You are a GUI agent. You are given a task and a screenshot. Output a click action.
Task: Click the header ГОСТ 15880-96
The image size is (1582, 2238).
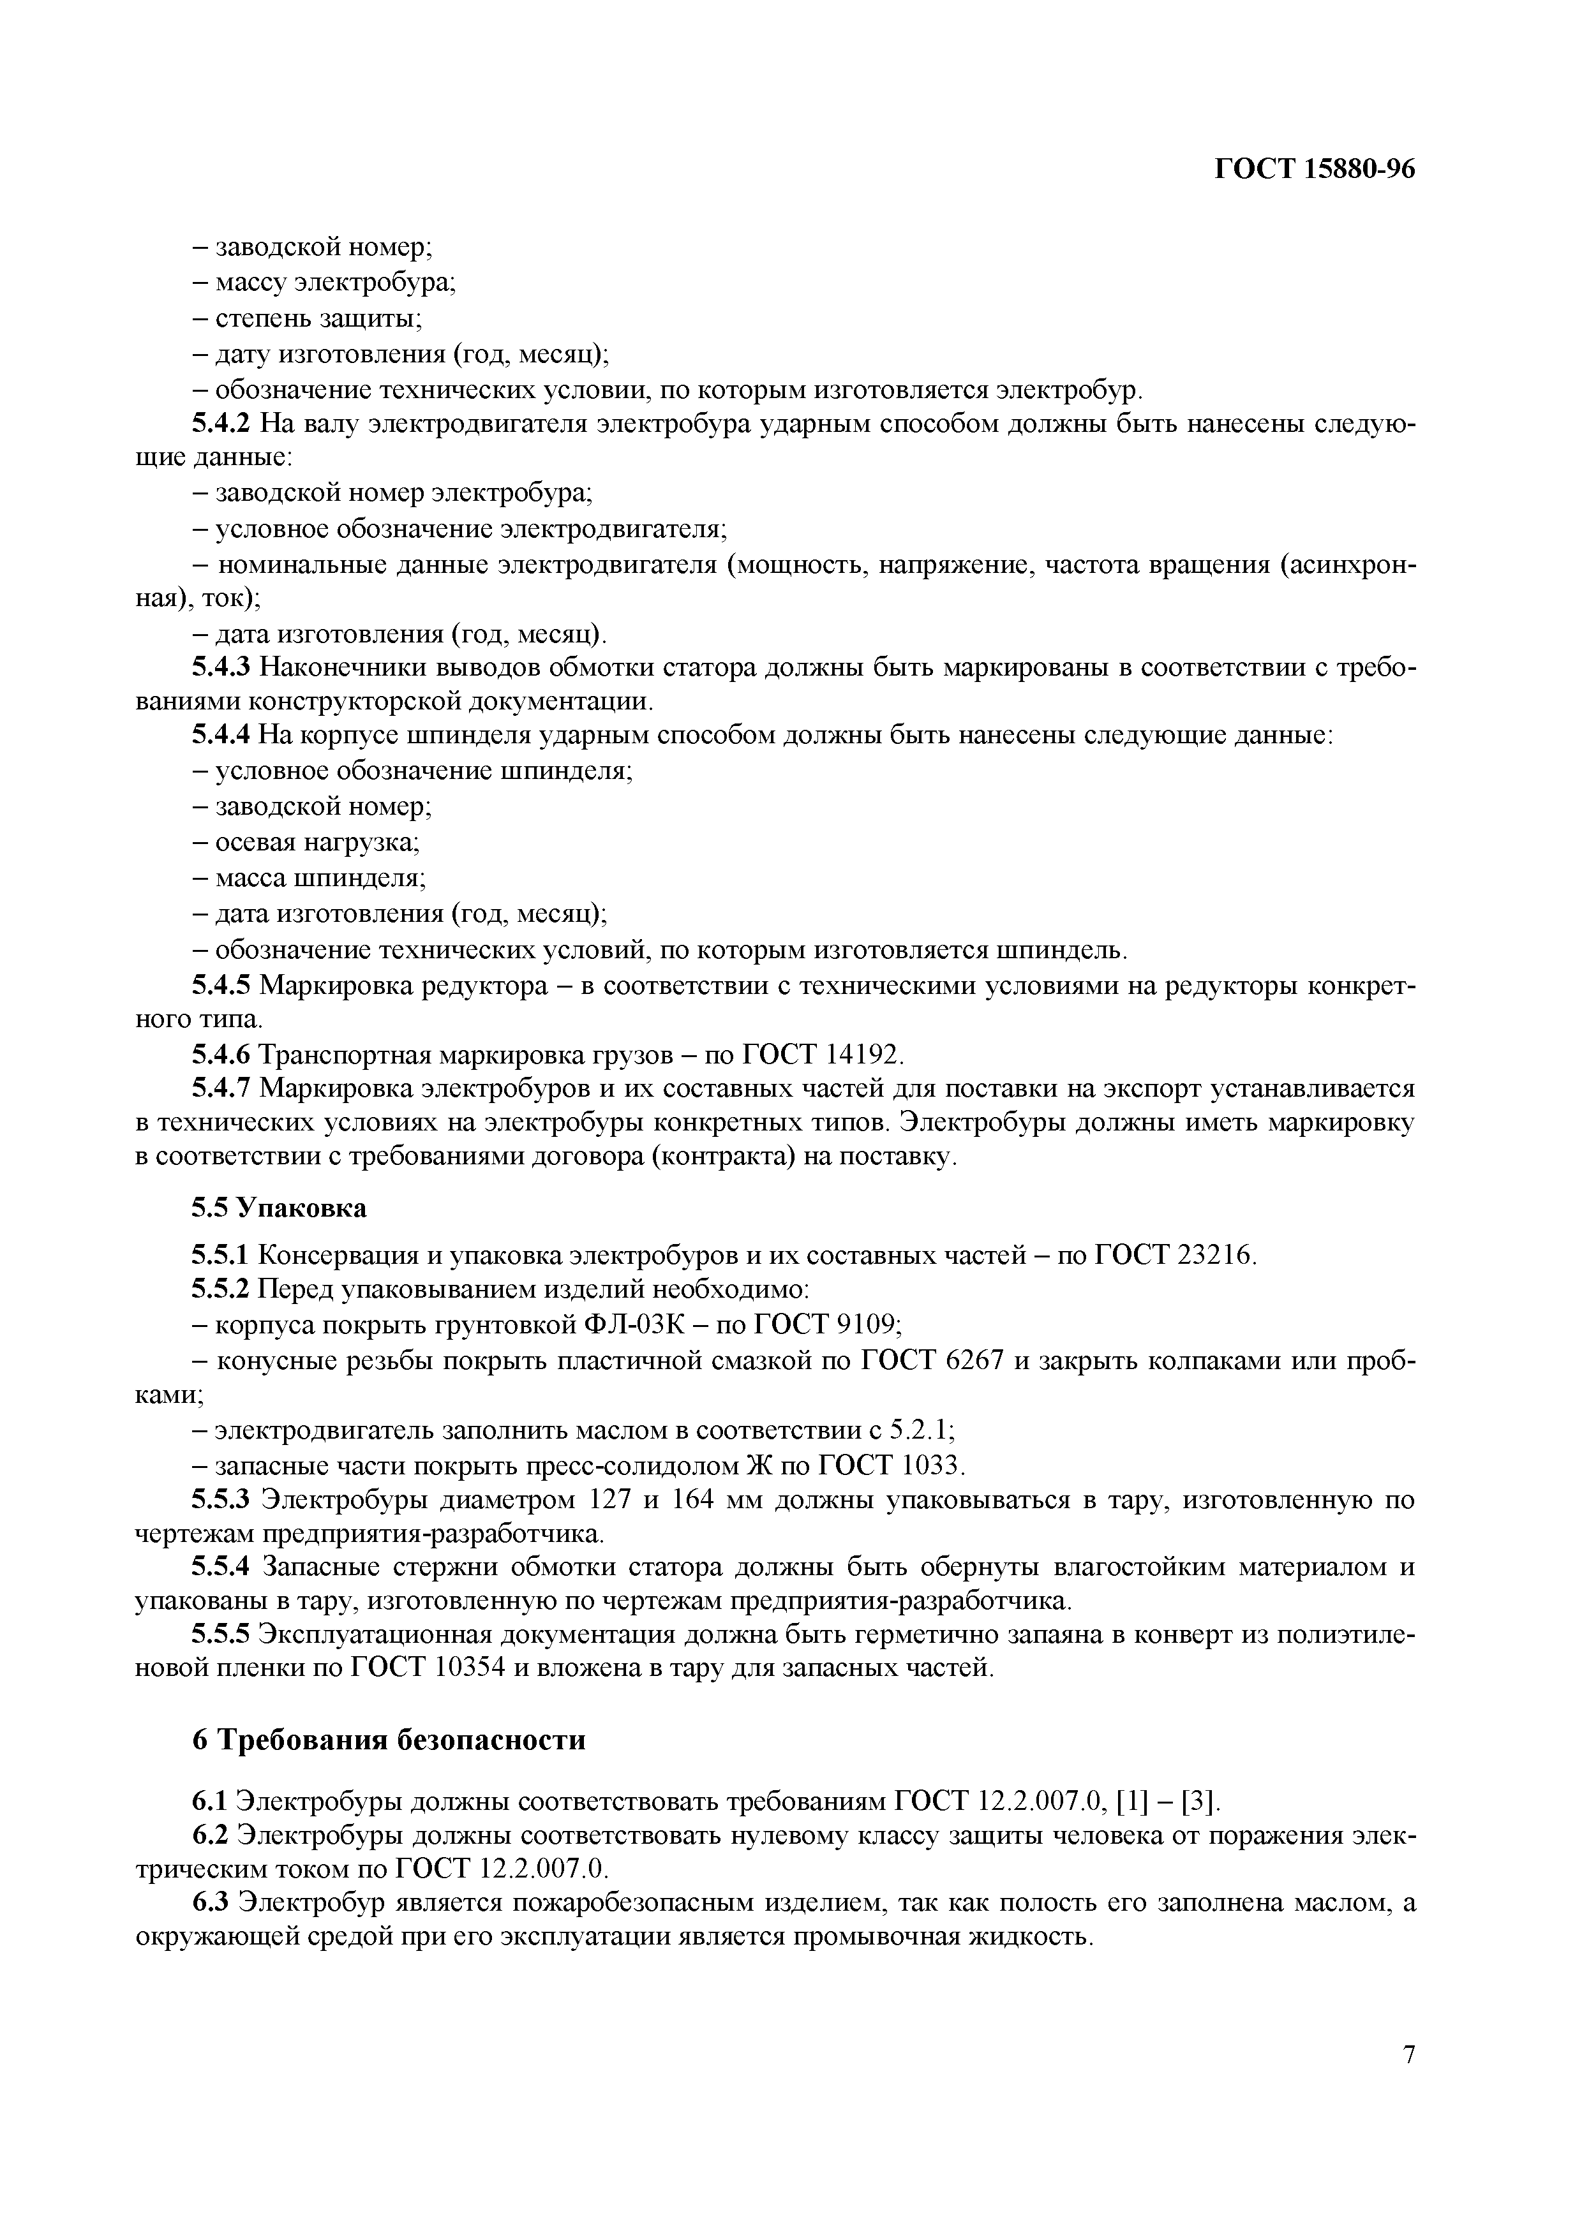tap(1314, 170)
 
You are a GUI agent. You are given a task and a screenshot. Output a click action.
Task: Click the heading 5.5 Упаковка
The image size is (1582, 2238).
tap(279, 1208)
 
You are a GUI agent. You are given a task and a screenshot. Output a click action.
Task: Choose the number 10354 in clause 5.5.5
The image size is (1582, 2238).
tap(468, 1668)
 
